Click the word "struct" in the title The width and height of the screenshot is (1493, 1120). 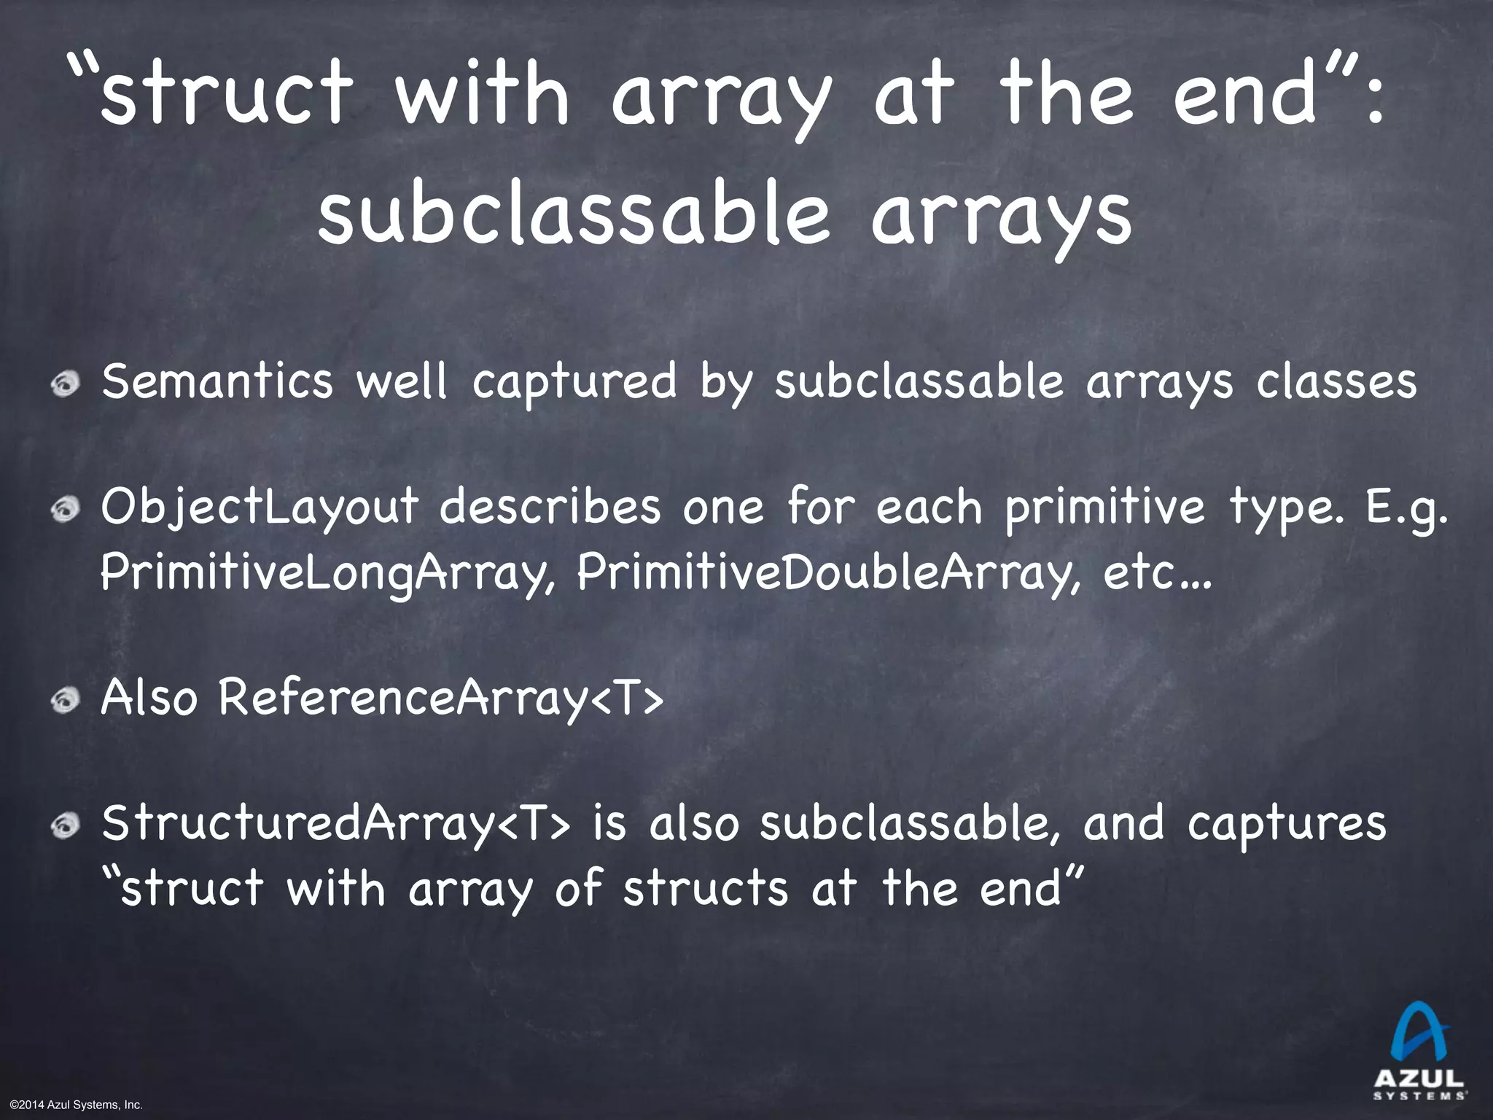tap(226, 95)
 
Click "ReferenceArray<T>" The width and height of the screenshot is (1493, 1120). tap(441, 699)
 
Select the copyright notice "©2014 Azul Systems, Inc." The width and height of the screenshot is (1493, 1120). tap(72, 1105)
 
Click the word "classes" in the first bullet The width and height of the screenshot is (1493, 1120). tap(1336, 382)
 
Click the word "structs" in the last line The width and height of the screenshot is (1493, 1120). tap(705, 890)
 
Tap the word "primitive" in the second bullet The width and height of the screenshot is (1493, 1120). tap(1104, 509)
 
